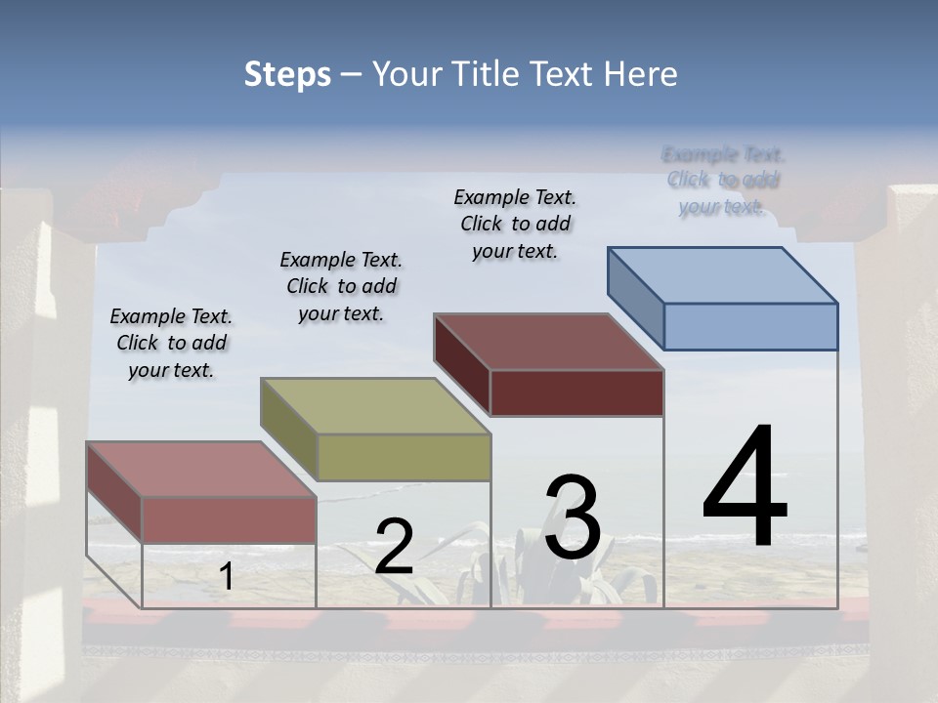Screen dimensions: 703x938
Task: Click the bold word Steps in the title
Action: click(x=287, y=74)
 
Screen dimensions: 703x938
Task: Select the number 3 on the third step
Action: click(x=572, y=517)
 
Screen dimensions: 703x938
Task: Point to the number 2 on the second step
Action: click(x=394, y=547)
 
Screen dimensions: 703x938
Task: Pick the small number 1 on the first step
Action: click(x=226, y=577)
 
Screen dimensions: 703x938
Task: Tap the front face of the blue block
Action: click(x=750, y=326)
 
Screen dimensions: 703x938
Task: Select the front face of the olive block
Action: click(x=404, y=457)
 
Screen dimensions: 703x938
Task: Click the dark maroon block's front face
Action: click(x=576, y=393)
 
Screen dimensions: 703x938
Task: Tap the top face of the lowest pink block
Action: click(x=201, y=470)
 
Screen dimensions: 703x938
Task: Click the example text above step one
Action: click(x=171, y=343)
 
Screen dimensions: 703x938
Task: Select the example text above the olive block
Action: click(x=341, y=286)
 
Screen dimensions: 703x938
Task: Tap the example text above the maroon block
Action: click(x=515, y=224)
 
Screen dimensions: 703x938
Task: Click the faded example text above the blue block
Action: click(x=723, y=181)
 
